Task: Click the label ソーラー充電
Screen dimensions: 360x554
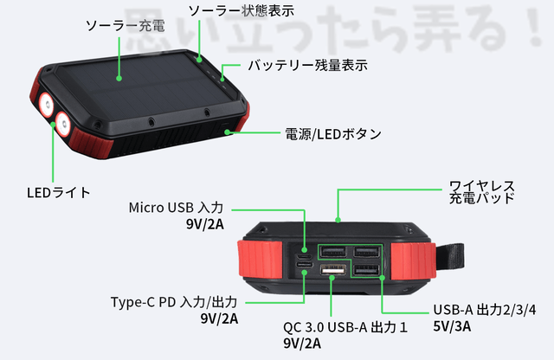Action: [x=119, y=26]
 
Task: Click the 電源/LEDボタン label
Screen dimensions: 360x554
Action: [x=333, y=134]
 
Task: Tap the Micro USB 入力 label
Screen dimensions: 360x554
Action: [x=176, y=208]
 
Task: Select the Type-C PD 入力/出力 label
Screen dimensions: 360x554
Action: [x=174, y=302]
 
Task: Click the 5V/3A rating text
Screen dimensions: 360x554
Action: [x=453, y=327]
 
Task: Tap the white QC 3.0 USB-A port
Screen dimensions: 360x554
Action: [x=332, y=273]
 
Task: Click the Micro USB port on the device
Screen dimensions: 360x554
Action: [x=304, y=257]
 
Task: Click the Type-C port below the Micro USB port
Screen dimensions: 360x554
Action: [x=304, y=273]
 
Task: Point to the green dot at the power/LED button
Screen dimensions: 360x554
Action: [x=229, y=133]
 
